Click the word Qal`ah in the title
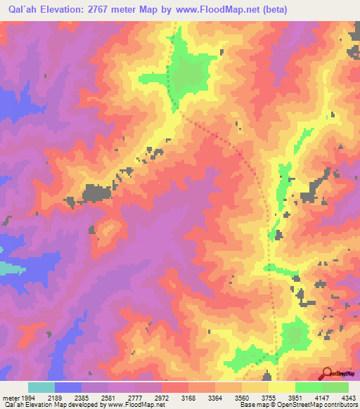pyautogui.click(x=25, y=10)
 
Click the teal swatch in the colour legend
pyautogui.click(x=41, y=387)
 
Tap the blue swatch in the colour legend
pyautogui.click(x=68, y=387)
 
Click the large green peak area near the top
pyautogui.click(x=188, y=74)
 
